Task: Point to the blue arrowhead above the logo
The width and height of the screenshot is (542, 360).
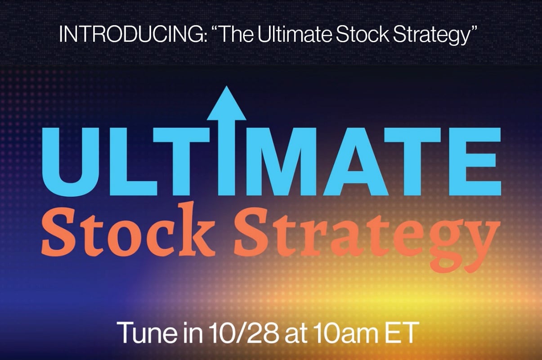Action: pos(226,104)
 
